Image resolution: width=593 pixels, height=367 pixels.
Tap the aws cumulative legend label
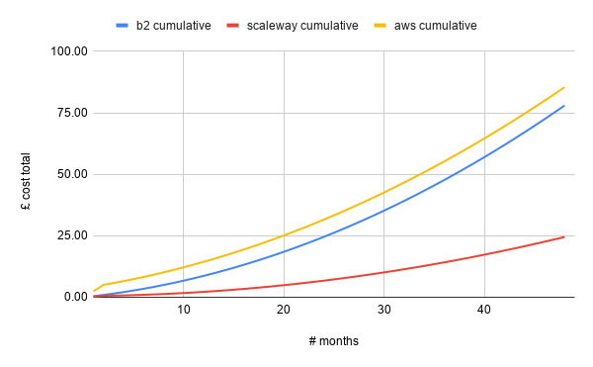click(x=434, y=25)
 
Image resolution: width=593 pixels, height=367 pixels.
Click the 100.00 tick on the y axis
click(x=67, y=51)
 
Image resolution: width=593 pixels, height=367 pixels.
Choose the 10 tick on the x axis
click(x=184, y=311)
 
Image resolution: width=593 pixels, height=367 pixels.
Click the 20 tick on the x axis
click(x=284, y=311)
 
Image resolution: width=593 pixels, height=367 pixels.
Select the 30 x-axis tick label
click(x=384, y=311)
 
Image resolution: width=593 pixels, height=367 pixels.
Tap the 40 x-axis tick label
click(x=484, y=311)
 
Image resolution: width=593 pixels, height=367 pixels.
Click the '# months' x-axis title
click(x=333, y=341)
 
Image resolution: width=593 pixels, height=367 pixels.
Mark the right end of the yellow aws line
click(x=564, y=87)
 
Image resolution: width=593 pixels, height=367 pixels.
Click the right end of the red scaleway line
click(x=564, y=236)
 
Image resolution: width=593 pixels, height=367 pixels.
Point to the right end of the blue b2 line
click(x=564, y=106)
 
